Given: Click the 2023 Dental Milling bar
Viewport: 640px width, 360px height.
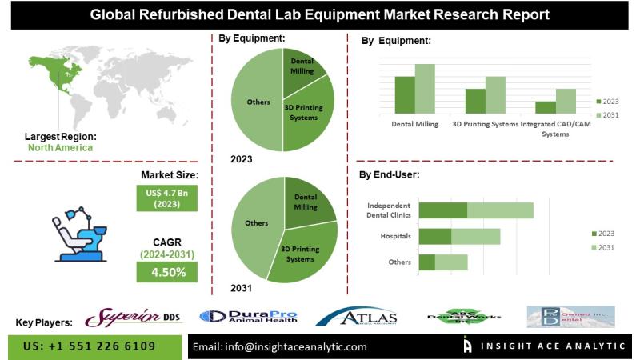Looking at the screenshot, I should pyautogui.click(x=405, y=94).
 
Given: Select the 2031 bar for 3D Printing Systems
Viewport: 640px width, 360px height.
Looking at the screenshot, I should pyautogui.click(x=495, y=94).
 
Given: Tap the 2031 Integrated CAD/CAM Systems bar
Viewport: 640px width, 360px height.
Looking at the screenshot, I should pyautogui.click(x=566, y=101).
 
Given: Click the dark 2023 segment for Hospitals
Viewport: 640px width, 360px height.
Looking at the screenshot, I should pyautogui.click(x=435, y=236).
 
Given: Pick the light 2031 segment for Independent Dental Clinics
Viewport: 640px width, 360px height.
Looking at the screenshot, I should pyautogui.click(x=500, y=210).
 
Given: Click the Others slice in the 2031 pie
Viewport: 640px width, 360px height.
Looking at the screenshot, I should pyautogui.click(x=254, y=228).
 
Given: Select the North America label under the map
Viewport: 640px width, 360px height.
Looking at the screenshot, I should pyautogui.click(x=60, y=148).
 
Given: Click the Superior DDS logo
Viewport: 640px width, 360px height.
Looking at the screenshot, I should pyautogui.click(x=133, y=318).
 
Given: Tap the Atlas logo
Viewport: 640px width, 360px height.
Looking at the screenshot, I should pyautogui.click(x=358, y=318).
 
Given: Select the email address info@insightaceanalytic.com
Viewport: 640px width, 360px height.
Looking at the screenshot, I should pyautogui.click(x=281, y=347).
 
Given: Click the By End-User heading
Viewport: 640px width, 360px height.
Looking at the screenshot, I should pyautogui.click(x=390, y=174).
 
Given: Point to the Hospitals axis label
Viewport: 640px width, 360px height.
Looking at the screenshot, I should pyautogui.click(x=396, y=237).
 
